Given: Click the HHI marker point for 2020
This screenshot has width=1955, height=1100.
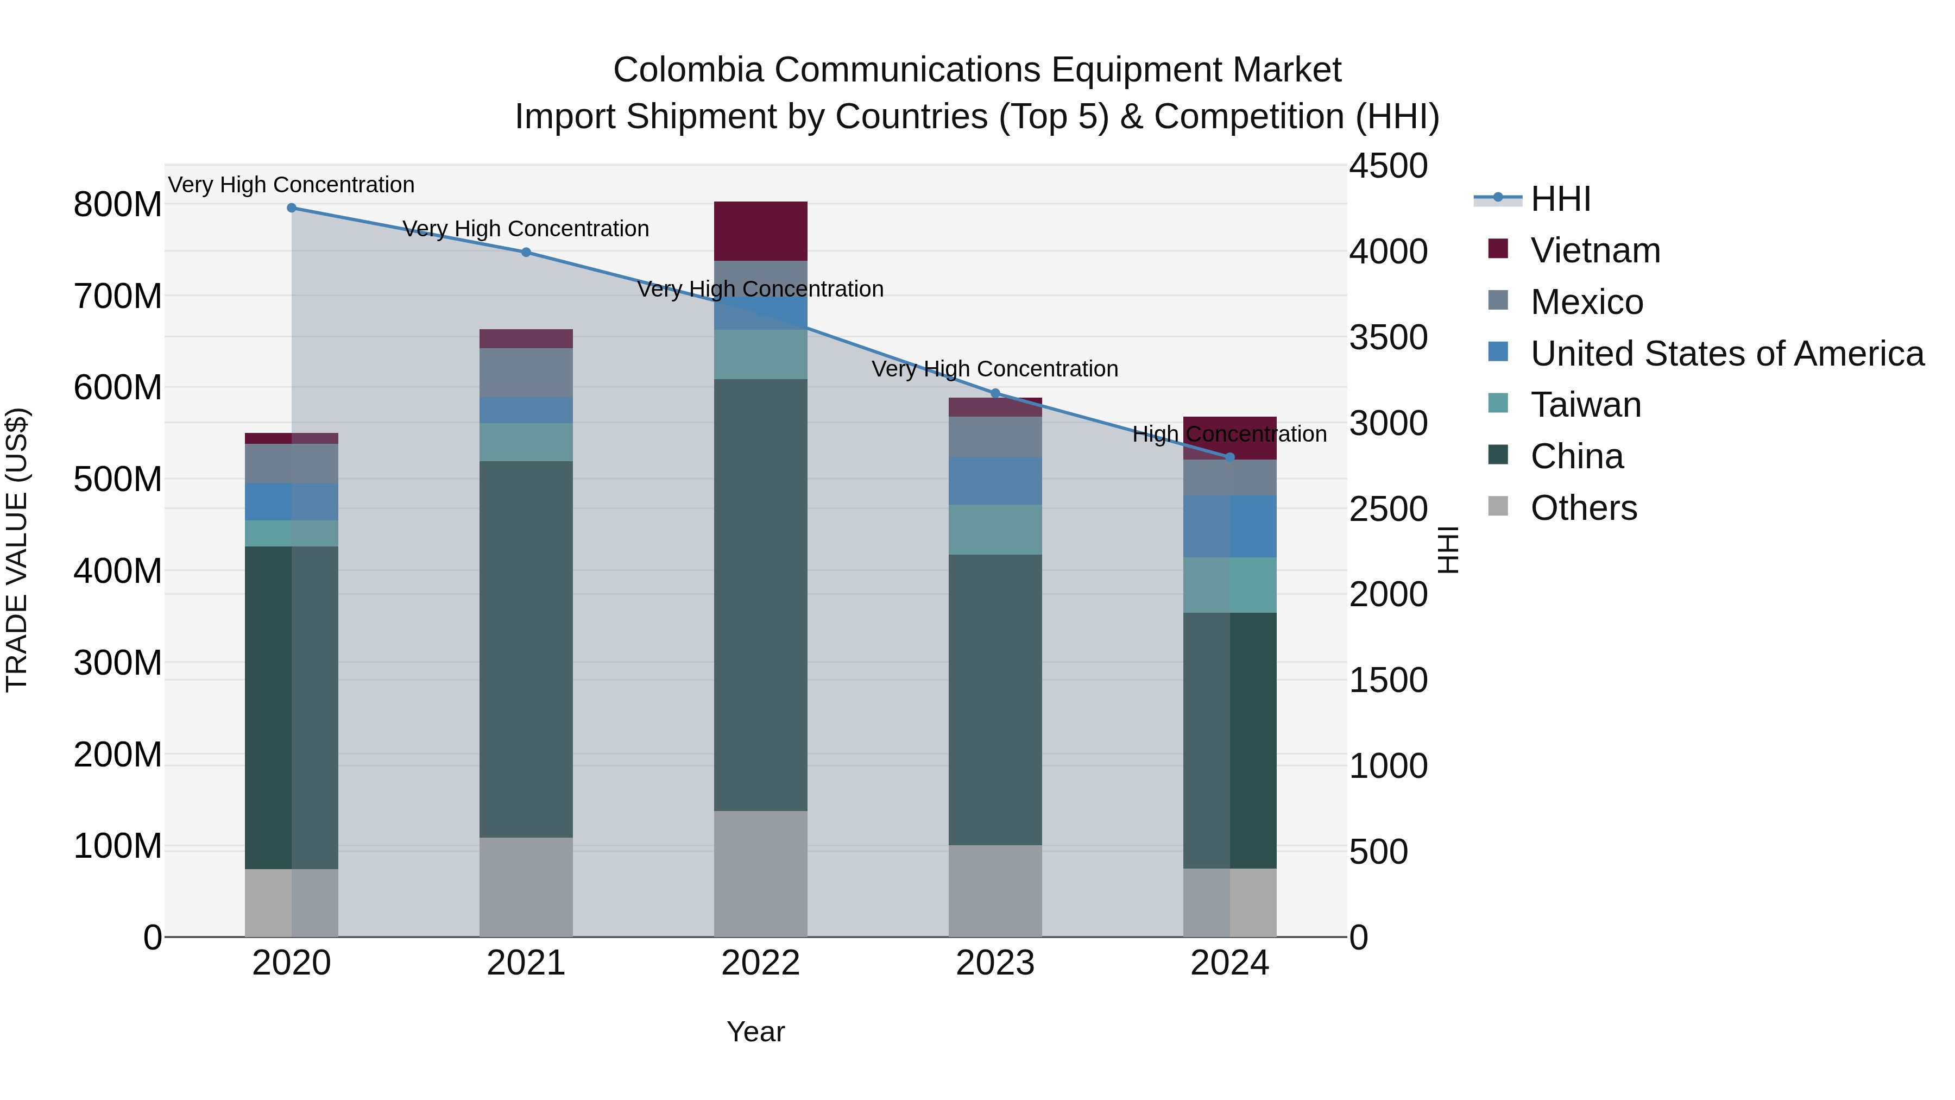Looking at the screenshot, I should click(x=292, y=208).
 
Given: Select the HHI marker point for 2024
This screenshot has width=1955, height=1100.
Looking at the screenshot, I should click(x=1230, y=457).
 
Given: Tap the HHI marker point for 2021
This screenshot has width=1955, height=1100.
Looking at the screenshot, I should click(x=526, y=252).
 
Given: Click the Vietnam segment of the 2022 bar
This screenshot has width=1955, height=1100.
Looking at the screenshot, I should click(x=760, y=231).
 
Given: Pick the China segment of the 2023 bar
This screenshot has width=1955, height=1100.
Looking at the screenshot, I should click(x=995, y=699).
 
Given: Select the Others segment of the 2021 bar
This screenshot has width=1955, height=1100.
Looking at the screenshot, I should click(x=526, y=887).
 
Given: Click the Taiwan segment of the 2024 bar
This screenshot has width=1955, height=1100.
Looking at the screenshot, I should click(x=1230, y=584).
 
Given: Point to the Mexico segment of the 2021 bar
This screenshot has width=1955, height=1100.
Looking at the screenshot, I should click(x=526, y=372).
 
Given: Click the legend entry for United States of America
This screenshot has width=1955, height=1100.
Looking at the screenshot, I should click(x=1726, y=354).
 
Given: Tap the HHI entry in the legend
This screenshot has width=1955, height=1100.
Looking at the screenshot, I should click(x=1560, y=199).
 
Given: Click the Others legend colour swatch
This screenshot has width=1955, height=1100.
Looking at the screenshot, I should click(x=1498, y=506).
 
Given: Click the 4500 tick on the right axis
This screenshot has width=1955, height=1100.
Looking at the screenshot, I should click(x=1388, y=166).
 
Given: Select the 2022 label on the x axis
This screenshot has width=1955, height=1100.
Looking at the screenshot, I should click(x=760, y=963).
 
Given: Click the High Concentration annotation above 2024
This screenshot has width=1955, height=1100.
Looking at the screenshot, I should click(x=1229, y=434).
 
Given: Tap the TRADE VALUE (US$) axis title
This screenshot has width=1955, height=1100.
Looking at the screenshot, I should click(x=17, y=550).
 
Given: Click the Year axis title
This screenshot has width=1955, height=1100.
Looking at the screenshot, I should click(x=755, y=1032).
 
